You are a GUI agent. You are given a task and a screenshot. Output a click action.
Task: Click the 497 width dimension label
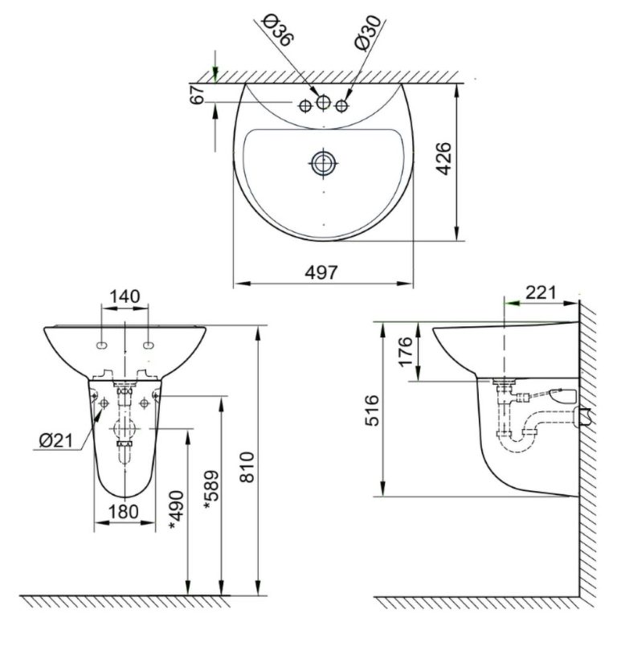tap(322, 272)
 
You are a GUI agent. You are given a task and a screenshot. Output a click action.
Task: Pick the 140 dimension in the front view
tap(125, 296)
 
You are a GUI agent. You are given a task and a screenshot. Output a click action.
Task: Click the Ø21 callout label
tap(54, 440)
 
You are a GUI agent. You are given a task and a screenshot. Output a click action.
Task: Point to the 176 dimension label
tap(406, 351)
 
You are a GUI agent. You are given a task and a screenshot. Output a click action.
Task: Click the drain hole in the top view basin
tap(324, 162)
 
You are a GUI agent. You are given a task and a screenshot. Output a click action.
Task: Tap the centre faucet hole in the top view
tap(324, 103)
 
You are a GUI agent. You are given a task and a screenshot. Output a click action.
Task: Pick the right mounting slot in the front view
tap(149, 345)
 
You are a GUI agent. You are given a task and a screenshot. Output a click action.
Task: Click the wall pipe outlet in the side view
tap(583, 416)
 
